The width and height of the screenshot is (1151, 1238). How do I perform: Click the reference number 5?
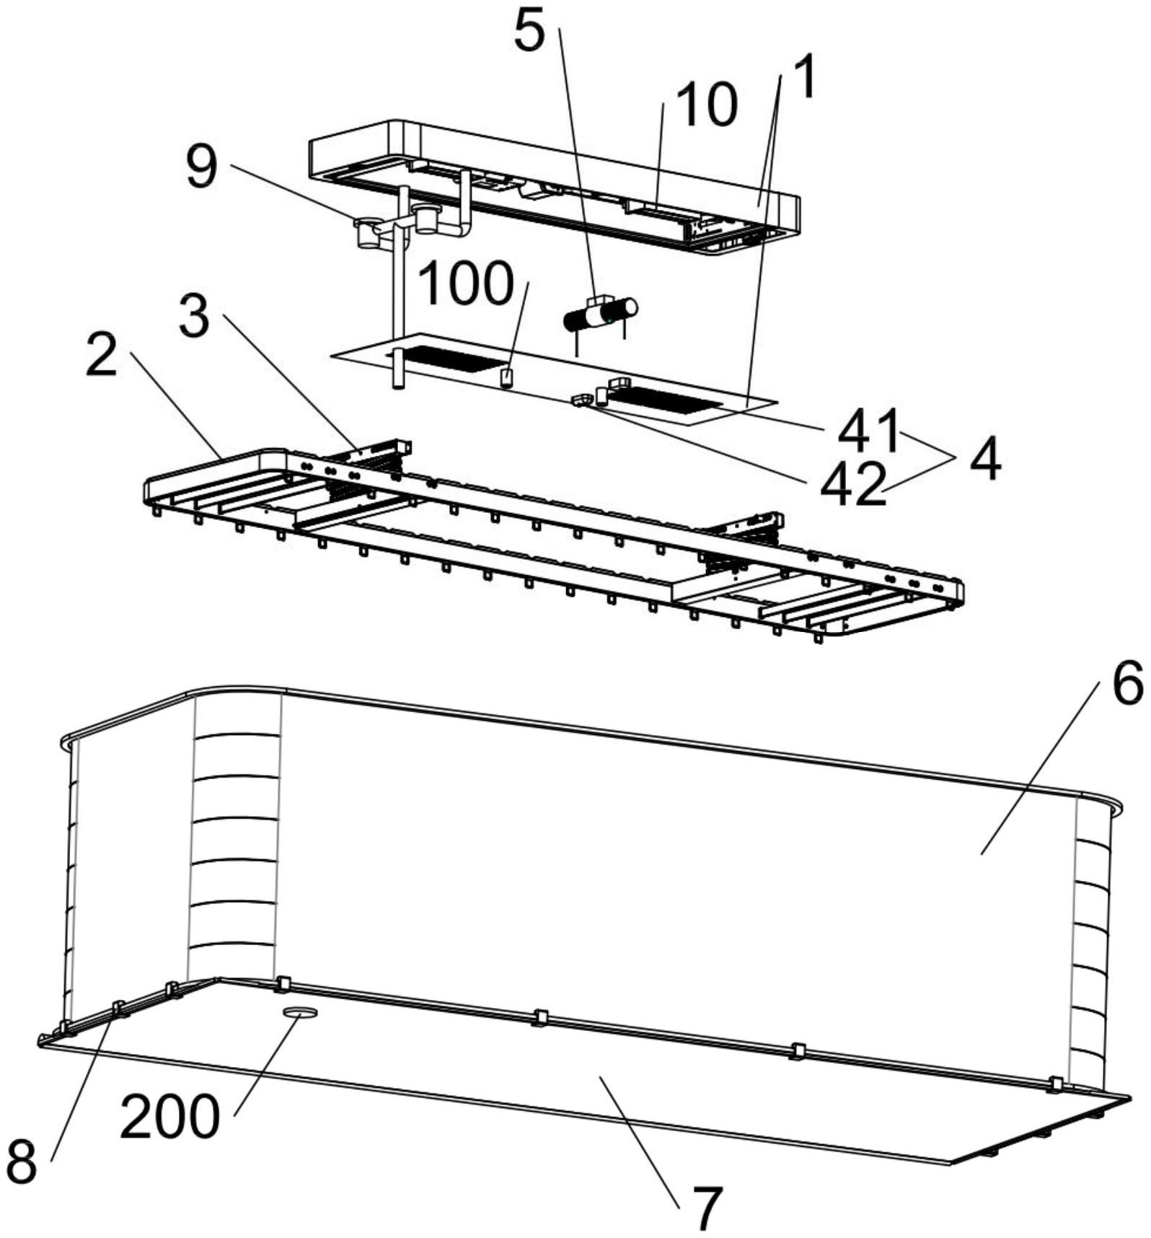pos(530,33)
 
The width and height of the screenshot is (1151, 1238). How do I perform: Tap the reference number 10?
pos(708,105)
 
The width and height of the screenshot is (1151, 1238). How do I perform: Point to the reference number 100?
pos(466,284)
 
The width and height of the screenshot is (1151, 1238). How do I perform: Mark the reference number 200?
pos(169,1118)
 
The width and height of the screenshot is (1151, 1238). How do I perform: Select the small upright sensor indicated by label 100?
pos(507,377)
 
